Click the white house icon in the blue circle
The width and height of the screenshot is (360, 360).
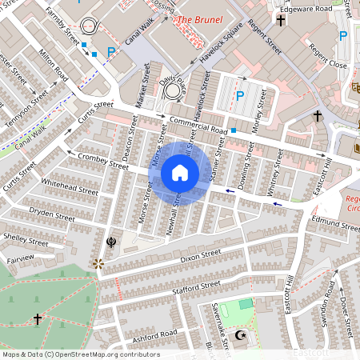point(180,173)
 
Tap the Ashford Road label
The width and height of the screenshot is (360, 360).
point(155,334)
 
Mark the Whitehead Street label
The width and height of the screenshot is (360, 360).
point(70,186)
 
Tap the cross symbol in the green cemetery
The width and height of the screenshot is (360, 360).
point(37,319)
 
